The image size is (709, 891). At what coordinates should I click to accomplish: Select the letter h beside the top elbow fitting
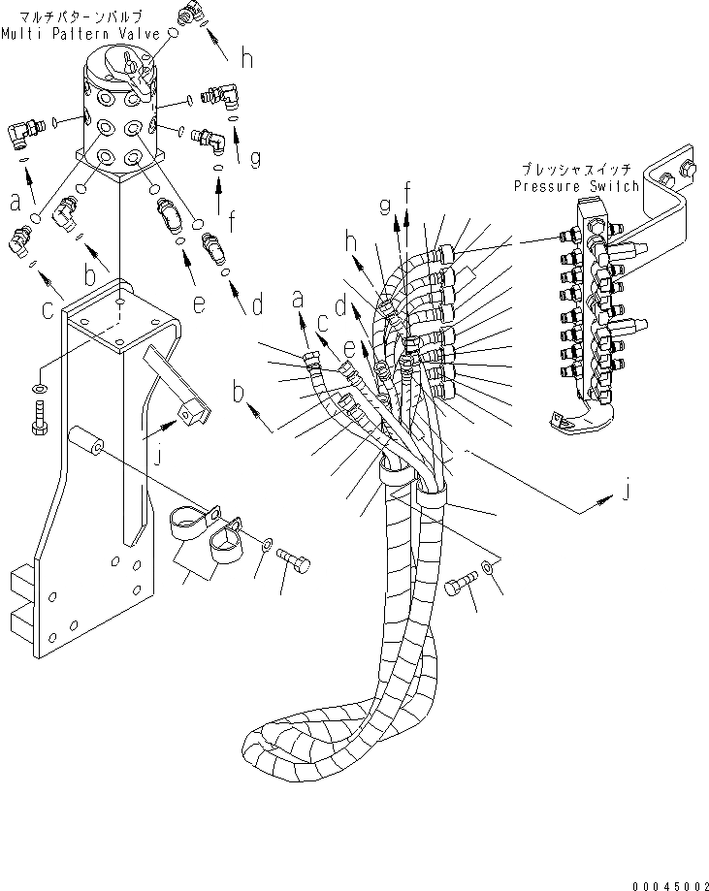(x=248, y=58)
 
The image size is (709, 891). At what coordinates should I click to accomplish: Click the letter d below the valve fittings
(x=257, y=307)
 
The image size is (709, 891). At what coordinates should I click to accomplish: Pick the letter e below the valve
(x=200, y=305)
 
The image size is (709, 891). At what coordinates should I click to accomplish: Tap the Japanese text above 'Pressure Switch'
(x=579, y=168)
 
